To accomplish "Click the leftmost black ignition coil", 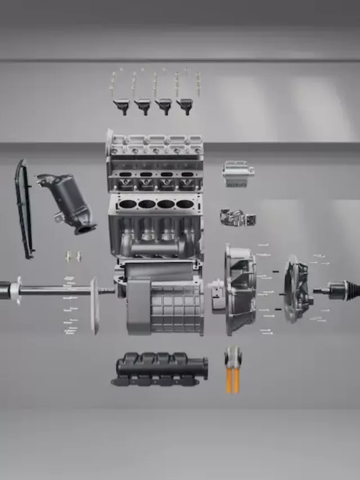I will (121, 105).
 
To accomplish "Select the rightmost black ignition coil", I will (184, 105).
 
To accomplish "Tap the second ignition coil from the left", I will (142, 105).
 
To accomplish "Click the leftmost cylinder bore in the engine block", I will (128, 204).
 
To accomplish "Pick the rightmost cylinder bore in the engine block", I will (184, 204).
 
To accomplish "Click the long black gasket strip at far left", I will (24, 208).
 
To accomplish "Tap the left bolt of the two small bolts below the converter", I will (68, 256).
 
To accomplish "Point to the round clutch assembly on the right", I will (295, 290).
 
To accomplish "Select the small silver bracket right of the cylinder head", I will (237, 173).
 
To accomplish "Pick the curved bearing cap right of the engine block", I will (237, 217).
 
